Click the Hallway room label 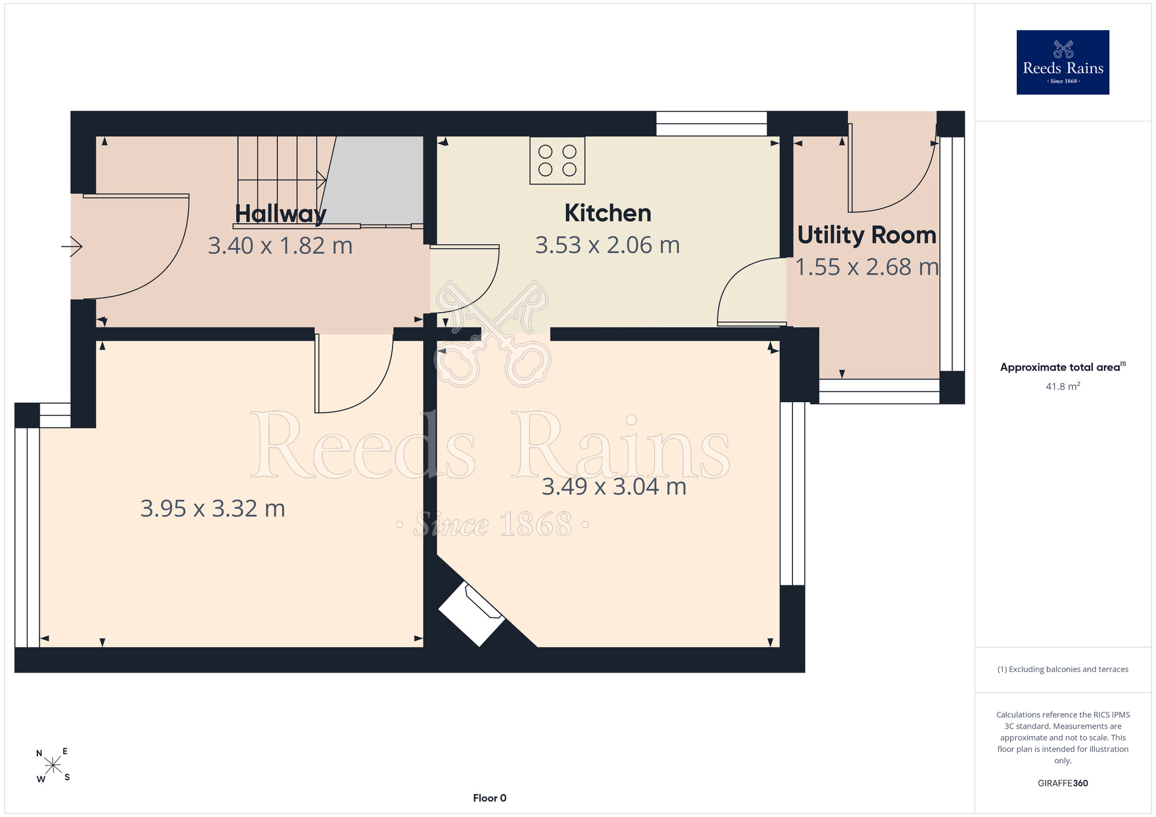tap(280, 214)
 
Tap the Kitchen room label tap(608, 213)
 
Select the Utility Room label tap(867, 235)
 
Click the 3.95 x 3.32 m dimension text tap(213, 508)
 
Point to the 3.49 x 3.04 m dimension tap(614, 487)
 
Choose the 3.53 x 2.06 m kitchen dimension tap(607, 245)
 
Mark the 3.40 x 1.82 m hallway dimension tap(280, 246)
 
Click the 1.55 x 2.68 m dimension tap(867, 267)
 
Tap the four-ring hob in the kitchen tap(557, 161)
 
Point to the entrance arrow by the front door tap(72, 247)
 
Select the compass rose tap(53, 766)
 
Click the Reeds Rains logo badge tap(1063, 62)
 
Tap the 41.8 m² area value tap(1063, 386)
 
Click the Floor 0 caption tap(490, 798)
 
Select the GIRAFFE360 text tap(1063, 783)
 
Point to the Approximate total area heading tap(1063, 367)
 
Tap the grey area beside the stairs tap(376, 180)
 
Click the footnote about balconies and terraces tap(1063, 669)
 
